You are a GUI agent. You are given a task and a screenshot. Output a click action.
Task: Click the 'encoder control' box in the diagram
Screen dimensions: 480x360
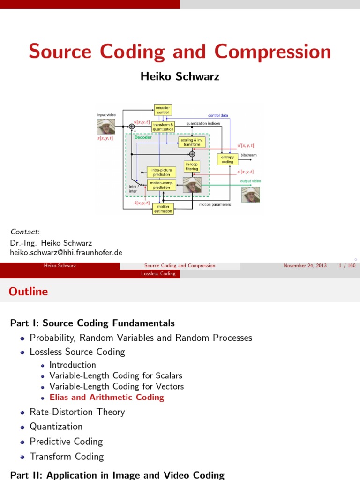coord(163,110)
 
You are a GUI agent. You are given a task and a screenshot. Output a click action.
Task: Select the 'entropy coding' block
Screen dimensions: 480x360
coord(227,159)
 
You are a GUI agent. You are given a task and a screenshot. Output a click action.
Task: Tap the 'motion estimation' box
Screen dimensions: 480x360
coord(163,209)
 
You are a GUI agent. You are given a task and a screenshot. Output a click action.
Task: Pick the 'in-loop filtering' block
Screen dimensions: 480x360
coord(192,166)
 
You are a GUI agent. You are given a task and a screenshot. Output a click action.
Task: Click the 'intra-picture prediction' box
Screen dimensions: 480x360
coord(161,172)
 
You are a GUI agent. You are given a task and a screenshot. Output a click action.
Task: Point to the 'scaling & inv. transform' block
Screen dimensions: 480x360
coord(192,142)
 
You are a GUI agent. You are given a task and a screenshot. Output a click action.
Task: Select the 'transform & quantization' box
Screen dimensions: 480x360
coord(163,127)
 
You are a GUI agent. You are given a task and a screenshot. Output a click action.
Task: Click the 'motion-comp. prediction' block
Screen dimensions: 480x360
coord(161,185)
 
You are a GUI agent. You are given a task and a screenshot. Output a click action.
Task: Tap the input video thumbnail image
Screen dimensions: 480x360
coord(106,126)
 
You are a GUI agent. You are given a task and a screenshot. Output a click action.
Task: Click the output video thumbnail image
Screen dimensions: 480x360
coord(250,194)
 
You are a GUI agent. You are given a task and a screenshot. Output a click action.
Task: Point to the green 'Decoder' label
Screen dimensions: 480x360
coord(143,138)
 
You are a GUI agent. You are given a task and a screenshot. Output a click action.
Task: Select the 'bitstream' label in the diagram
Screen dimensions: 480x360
coord(248,155)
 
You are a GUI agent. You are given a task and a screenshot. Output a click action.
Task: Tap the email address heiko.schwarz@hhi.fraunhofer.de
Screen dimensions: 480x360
coord(66,252)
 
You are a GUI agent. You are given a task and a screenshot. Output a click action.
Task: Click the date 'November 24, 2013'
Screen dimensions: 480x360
coord(305,266)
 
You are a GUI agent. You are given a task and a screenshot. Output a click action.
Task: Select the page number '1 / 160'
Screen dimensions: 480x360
coord(347,266)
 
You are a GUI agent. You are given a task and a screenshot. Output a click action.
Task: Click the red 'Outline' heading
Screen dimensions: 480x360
coord(28,292)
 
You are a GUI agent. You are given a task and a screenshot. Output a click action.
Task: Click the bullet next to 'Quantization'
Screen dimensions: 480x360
coord(23,427)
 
